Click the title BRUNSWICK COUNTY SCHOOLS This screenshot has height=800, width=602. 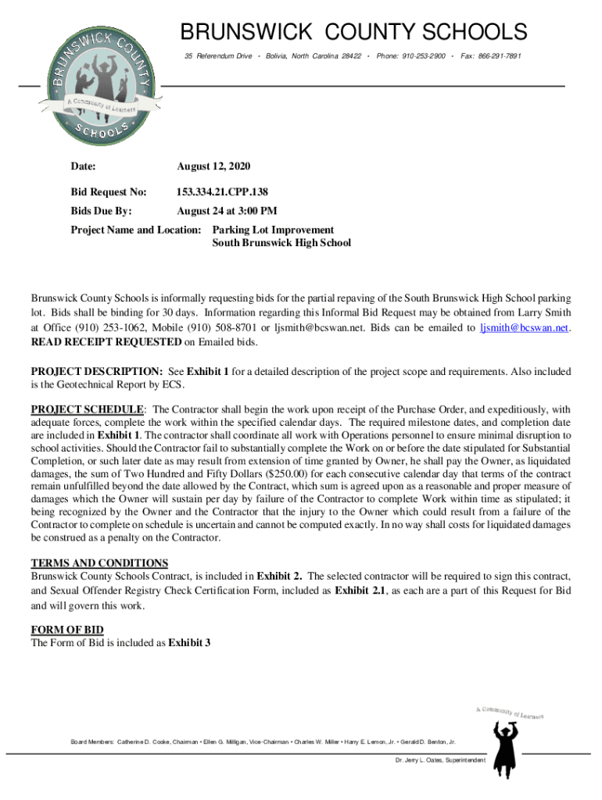pos(354,33)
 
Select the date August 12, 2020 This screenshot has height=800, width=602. pos(213,166)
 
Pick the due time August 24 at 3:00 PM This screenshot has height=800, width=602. pos(227,211)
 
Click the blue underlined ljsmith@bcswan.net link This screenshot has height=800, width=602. pos(524,328)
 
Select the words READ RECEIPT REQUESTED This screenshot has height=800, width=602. pos(106,342)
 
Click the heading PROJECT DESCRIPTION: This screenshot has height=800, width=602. pos(96,371)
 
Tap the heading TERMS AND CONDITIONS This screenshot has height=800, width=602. pos(99,562)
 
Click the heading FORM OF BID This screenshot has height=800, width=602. pos(67,630)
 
